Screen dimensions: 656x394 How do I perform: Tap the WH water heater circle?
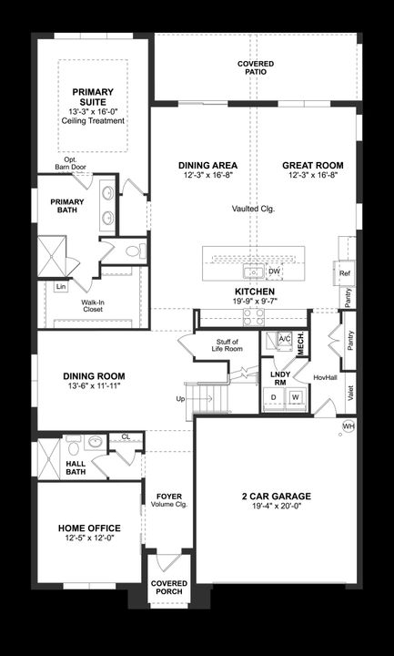[x=349, y=426]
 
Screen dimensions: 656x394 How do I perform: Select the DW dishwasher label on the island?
[x=275, y=271]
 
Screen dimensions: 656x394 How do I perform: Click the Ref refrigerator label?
[x=345, y=273]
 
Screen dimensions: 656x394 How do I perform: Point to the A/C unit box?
[x=283, y=338]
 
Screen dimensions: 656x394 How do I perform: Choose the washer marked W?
[x=295, y=397]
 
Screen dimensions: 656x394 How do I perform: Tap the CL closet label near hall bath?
[x=126, y=437]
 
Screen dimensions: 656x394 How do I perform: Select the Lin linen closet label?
[x=60, y=287]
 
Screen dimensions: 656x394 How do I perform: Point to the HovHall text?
[x=325, y=376]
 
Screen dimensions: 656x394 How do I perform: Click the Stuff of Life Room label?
[x=225, y=344]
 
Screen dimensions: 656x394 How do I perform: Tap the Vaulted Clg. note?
[x=254, y=209]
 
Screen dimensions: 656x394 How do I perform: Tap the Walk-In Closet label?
[x=92, y=304]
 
